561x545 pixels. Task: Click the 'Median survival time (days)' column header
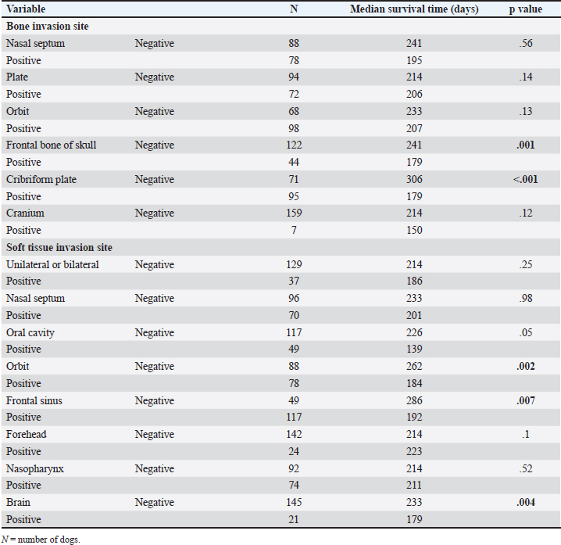pos(414,9)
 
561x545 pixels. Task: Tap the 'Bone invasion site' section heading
pos(48,26)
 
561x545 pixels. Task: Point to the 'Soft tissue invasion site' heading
pos(59,247)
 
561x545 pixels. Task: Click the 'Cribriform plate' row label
pos(41,179)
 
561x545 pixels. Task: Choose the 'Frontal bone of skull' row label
pos(52,145)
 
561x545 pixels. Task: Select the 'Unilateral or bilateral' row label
pos(53,264)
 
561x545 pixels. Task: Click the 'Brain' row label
pos(19,503)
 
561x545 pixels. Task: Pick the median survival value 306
pos(414,179)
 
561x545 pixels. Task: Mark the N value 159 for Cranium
pos(294,213)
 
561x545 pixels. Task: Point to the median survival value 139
pos(414,349)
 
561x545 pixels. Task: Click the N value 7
pos(294,230)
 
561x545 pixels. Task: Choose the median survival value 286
pos(414,400)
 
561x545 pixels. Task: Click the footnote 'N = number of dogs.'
pos(41,538)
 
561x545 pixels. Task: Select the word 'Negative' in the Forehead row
pos(154,434)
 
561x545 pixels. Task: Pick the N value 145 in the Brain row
pos(294,503)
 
